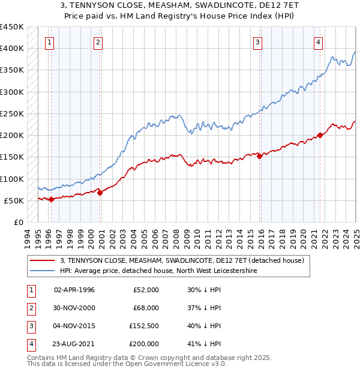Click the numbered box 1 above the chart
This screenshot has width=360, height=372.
(48, 42)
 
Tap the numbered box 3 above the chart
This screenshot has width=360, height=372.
(257, 42)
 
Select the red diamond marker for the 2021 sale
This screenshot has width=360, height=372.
(320, 135)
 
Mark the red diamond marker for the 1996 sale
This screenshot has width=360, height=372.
(51, 199)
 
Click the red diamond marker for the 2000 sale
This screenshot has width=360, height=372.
(100, 193)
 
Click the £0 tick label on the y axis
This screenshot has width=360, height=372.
(19, 222)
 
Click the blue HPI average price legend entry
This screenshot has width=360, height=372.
(158, 271)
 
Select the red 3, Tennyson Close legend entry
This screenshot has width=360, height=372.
(182, 260)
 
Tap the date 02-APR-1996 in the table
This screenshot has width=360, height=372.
(74, 290)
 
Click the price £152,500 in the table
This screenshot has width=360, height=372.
(144, 327)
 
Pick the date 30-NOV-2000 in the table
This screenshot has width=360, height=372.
(74, 308)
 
